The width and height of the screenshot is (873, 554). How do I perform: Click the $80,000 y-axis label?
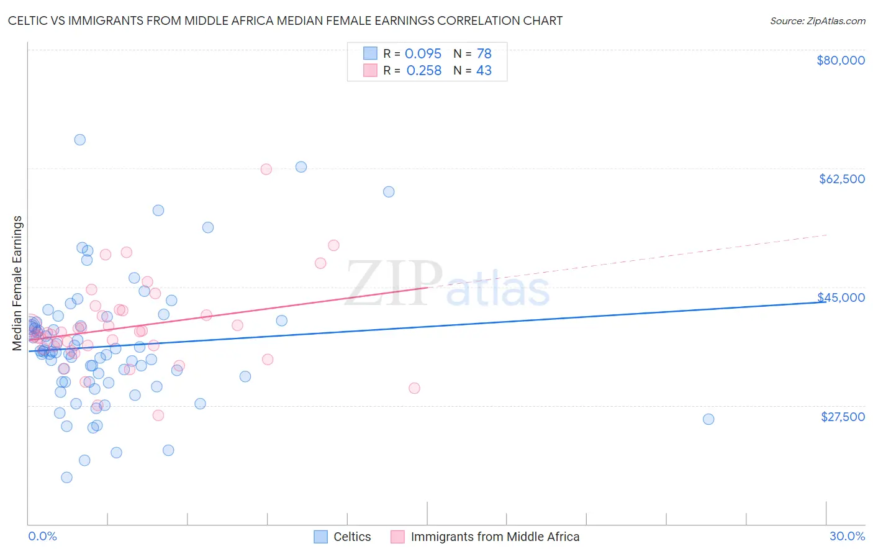(x=841, y=60)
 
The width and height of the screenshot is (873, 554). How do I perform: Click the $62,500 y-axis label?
(x=841, y=179)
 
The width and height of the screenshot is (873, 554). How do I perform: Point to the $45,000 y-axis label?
(x=841, y=297)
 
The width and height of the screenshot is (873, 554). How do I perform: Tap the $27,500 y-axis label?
(x=843, y=417)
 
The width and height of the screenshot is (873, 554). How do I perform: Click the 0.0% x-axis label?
(x=42, y=536)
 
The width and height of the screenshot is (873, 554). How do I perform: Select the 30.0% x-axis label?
(x=847, y=536)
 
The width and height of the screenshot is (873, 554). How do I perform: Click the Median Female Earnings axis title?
(x=17, y=283)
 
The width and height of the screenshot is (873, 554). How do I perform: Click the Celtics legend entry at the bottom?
(x=351, y=537)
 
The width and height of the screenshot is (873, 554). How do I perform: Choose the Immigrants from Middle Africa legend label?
(x=494, y=537)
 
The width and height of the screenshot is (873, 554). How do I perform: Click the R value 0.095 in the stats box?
(x=423, y=53)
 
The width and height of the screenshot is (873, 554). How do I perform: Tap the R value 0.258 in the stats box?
(x=423, y=71)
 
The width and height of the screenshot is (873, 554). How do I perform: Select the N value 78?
(x=484, y=53)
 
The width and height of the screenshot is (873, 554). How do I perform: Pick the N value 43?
(x=484, y=71)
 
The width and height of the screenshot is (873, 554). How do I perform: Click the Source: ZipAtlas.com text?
(x=817, y=21)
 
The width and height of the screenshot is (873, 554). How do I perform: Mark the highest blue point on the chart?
(x=80, y=140)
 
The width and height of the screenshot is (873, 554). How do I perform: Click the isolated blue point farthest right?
(x=708, y=419)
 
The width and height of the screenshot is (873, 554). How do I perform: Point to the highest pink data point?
(x=266, y=170)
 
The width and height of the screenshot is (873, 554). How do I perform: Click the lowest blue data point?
(x=66, y=478)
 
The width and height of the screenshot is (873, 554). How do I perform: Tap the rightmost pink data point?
(x=414, y=388)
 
